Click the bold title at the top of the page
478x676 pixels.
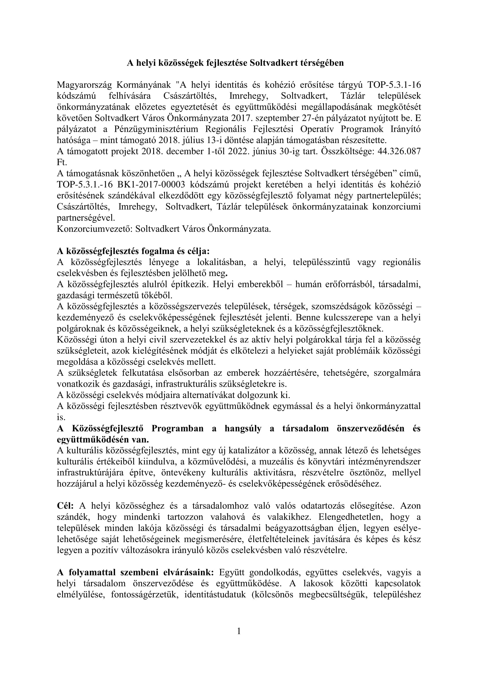[235, 63]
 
